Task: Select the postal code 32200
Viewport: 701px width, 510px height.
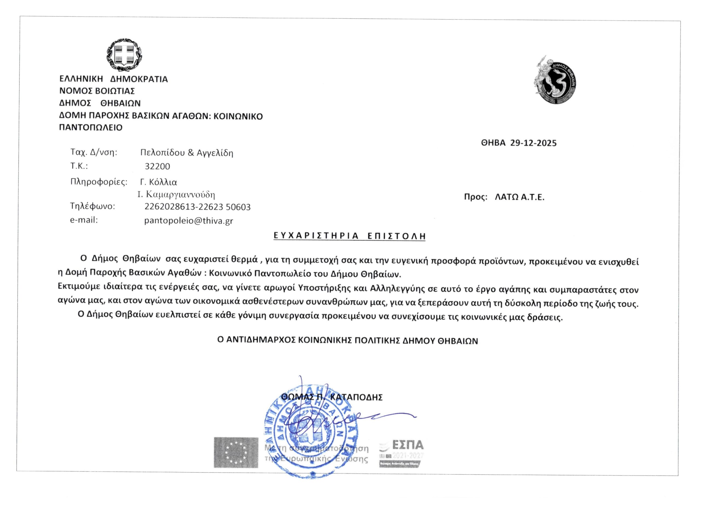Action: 157,166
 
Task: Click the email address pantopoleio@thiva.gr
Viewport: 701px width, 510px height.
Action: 189,221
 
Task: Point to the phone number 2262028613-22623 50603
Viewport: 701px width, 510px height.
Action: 197,207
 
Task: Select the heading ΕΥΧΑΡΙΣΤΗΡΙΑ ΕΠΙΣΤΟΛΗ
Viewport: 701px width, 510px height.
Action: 350,236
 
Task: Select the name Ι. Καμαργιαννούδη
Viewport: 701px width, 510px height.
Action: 176,195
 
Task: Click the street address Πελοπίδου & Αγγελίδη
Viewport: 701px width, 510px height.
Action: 186,153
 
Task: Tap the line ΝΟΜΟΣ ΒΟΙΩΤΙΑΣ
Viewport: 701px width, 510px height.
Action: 97,91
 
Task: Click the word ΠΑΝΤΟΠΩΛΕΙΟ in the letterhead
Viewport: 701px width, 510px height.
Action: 91,127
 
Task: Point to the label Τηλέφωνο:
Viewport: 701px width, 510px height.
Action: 92,206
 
